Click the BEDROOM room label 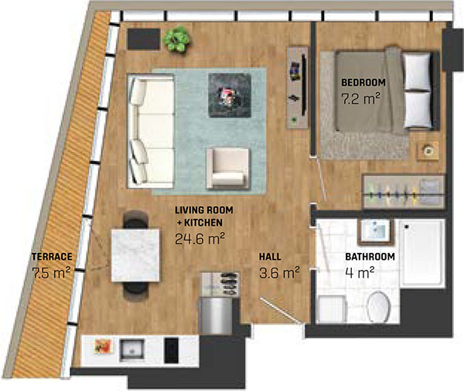(x=363, y=82)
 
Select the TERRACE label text (x=51, y=256)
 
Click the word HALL (x=269, y=256)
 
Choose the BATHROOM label (x=370, y=257)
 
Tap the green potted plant (x=177, y=39)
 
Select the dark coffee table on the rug (x=230, y=94)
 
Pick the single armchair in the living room (x=227, y=168)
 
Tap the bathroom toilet (x=379, y=307)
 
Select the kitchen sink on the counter (x=131, y=348)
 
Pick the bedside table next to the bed (x=426, y=151)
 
